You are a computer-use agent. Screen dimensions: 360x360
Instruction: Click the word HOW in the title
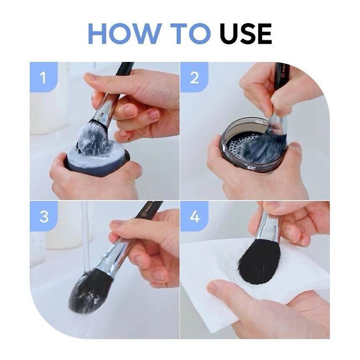coord(123,34)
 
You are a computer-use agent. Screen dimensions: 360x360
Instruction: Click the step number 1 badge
coord(43,77)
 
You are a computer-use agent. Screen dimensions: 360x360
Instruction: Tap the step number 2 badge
coord(194,77)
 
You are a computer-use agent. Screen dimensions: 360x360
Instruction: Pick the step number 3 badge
coord(44,216)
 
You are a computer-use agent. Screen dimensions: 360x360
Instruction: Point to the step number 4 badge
coord(194,216)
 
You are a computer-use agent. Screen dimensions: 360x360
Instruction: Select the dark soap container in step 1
coord(96,161)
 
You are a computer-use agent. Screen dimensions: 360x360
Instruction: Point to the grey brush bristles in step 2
coord(264,147)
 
